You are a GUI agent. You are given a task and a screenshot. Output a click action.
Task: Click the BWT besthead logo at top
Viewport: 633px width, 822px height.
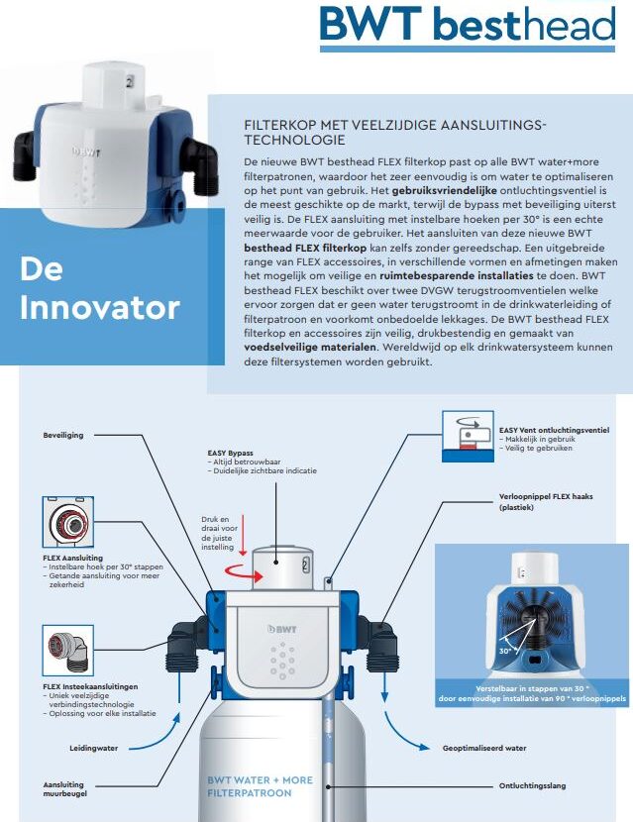[468, 25]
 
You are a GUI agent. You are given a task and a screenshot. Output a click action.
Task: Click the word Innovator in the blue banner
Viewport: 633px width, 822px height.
[100, 308]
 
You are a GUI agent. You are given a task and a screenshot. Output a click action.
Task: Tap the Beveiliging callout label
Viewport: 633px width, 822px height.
[63, 435]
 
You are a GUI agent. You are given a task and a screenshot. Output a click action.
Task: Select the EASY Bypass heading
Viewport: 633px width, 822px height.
[230, 453]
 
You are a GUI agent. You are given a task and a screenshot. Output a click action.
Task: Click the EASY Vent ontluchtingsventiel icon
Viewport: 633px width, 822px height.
[468, 436]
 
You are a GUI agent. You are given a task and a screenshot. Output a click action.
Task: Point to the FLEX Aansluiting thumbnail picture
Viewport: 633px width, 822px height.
[67, 522]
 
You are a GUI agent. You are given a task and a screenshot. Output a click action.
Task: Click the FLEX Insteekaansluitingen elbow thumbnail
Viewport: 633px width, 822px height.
[67, 650]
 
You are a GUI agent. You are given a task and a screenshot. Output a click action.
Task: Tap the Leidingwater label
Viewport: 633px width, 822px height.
[94, 748]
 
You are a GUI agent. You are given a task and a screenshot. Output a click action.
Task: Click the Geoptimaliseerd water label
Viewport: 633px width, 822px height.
[484, 748]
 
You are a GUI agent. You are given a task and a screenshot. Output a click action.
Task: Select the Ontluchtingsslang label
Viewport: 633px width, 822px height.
[532, 785]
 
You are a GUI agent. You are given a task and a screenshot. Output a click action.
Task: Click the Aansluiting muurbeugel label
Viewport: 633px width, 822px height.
[65, 789]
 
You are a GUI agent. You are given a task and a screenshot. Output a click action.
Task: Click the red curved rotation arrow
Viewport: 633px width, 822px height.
[243, 574]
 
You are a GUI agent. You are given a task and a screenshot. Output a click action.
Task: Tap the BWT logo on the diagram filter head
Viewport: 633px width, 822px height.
[282, 629]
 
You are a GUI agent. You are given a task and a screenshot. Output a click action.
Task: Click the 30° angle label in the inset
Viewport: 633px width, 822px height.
[505, 651]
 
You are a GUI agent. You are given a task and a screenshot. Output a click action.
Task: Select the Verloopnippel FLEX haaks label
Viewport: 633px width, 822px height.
[546, 502]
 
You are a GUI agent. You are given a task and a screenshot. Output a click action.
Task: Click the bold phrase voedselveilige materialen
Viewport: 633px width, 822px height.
[310, 347]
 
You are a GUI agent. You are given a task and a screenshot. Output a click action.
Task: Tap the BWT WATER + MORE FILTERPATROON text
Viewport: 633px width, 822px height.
[261, 786]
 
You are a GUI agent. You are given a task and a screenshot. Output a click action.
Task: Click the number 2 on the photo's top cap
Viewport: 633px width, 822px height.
[130, 82]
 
